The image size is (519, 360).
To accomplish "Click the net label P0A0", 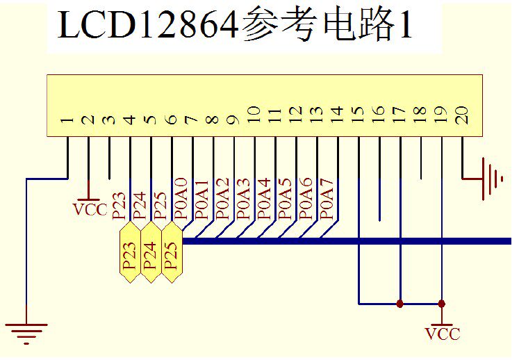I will [181, 199].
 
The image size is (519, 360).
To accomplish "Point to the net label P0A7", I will [328, 199].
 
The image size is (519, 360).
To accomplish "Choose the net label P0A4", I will [265, 199].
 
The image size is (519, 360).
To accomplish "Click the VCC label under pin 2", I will [90, 209].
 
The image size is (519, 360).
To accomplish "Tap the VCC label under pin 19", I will [443, 334].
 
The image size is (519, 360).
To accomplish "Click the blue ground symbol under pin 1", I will [26, 332].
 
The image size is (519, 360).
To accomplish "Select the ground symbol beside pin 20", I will [492, 179].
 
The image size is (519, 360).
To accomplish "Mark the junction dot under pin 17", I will [400, 304].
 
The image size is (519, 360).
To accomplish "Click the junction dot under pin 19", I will [442, 304].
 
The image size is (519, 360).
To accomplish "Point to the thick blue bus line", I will [347, 240].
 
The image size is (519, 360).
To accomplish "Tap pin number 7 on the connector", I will [192, 120].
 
